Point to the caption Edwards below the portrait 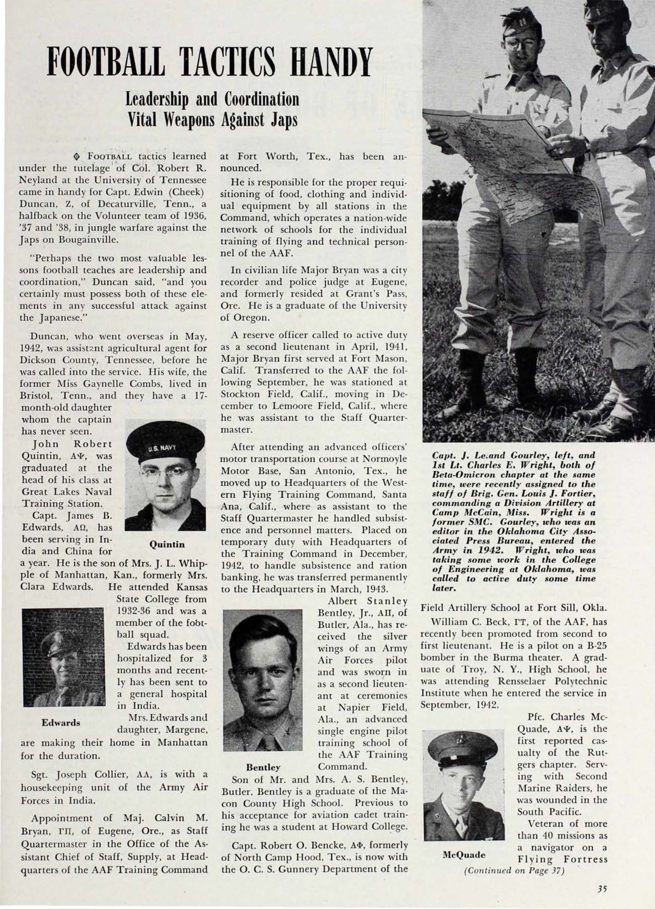[61, 723]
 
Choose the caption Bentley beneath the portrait [263, 767]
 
